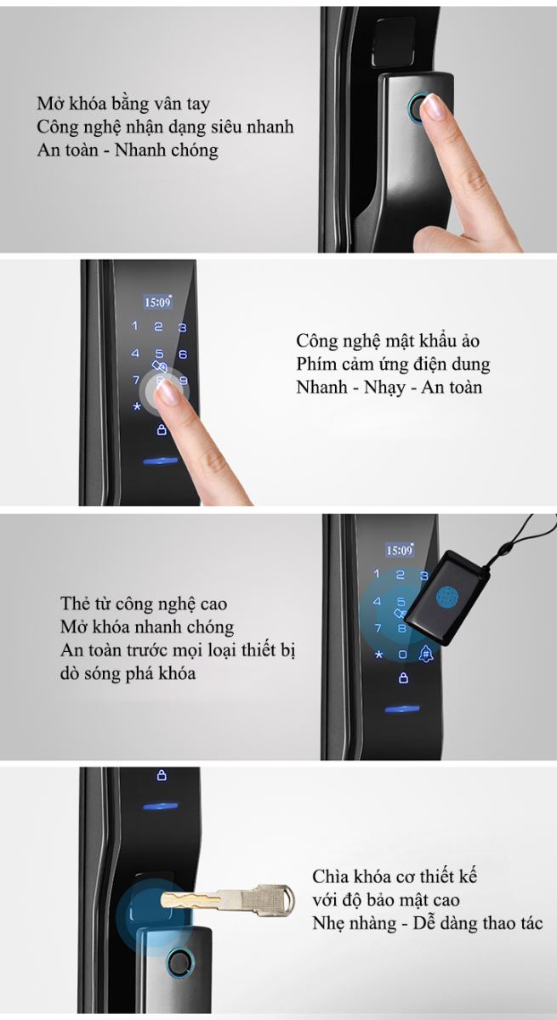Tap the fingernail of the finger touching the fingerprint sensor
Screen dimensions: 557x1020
coord(433,106)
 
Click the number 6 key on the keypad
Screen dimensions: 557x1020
coord(183,354)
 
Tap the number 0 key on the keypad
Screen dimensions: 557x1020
coord(402,654)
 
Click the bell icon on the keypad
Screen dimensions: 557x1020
coord(426,654)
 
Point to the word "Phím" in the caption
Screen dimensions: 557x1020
coord(315,365)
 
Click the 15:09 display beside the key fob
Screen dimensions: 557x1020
coord(400,551)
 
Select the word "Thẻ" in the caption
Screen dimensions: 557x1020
coord(74,603)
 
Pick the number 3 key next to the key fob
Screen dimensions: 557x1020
coord(424,575)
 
